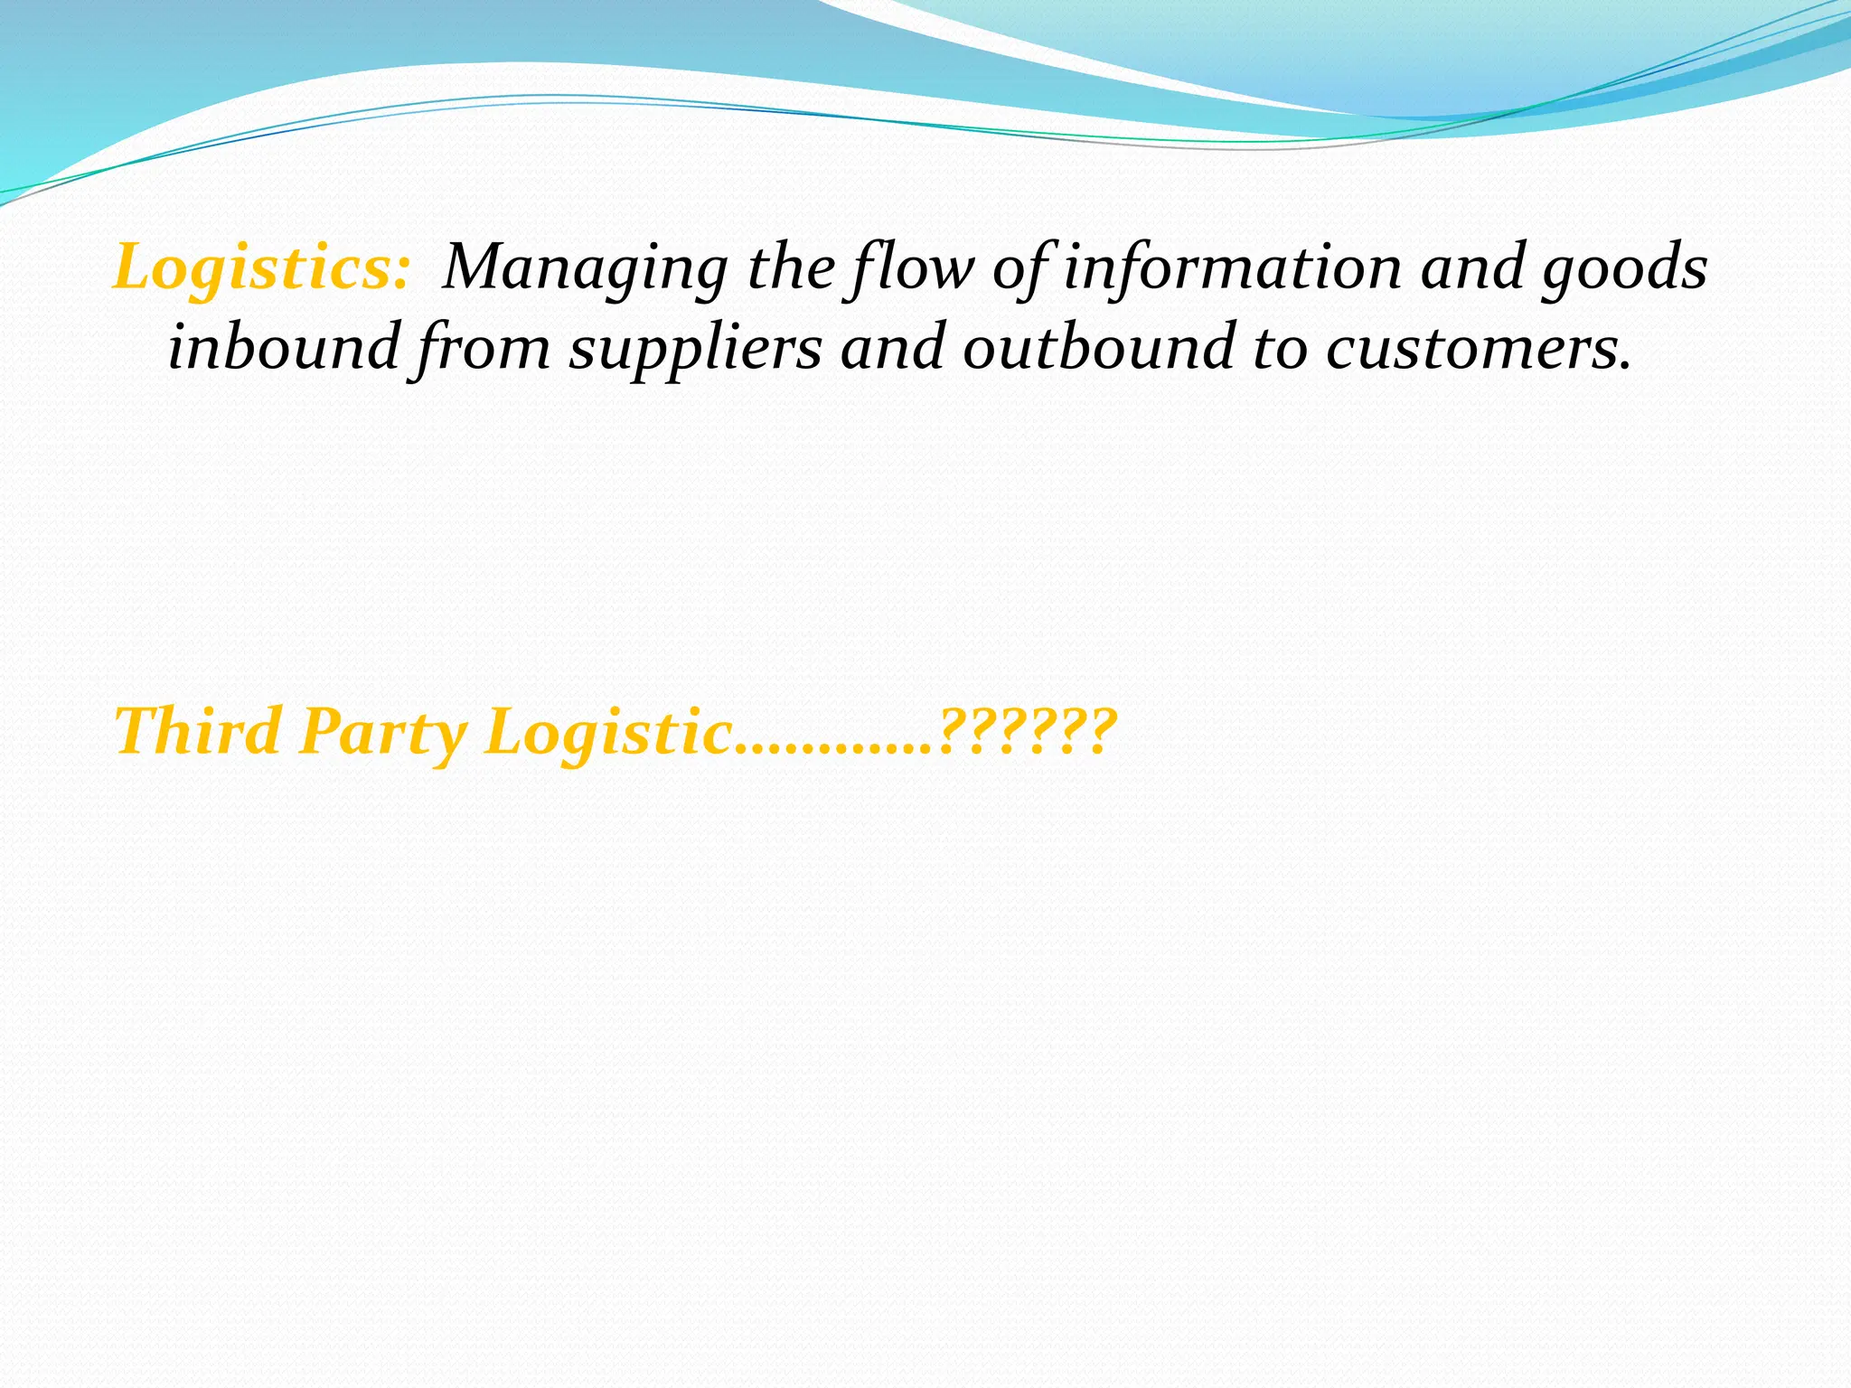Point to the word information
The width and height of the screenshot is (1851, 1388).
click(1232, 268)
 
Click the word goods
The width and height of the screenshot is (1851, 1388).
click(1624, 268)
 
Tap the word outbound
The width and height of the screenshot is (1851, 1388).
click(1098, 348)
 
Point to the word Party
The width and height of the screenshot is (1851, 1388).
click(383, 732)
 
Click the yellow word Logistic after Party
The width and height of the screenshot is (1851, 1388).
click(608, 732)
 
